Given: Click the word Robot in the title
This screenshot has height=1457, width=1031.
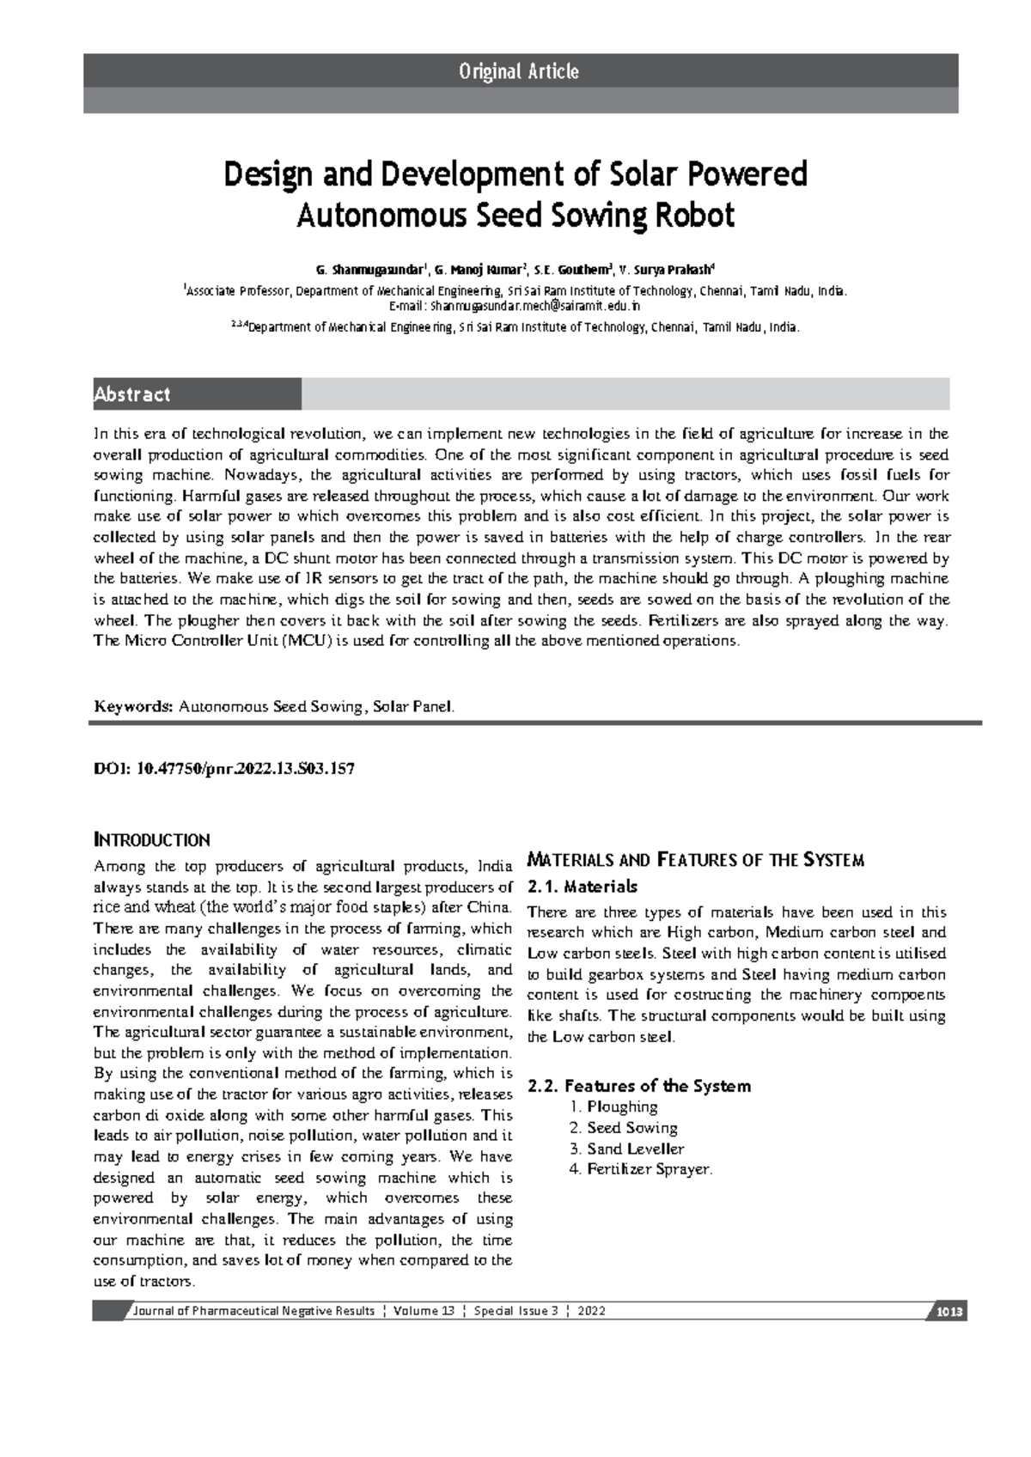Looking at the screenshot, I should (694, 216).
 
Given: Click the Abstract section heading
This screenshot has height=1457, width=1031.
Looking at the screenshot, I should (132, 394).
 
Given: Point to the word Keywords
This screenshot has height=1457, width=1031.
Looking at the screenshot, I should (133, 706).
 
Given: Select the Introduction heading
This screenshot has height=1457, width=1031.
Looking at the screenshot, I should (151, 839).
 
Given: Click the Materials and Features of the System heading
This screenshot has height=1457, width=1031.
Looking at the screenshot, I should (695, 860).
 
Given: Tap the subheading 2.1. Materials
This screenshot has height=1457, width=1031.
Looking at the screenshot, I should (583, 886).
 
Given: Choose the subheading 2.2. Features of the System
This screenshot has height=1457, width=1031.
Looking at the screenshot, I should (639, 1086).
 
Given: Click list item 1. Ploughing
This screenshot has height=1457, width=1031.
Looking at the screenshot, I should (613, 1106).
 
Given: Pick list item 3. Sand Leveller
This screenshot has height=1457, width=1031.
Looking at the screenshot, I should (626, 1149).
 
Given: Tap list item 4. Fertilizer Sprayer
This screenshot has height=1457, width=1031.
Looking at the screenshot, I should (640, 1169).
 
